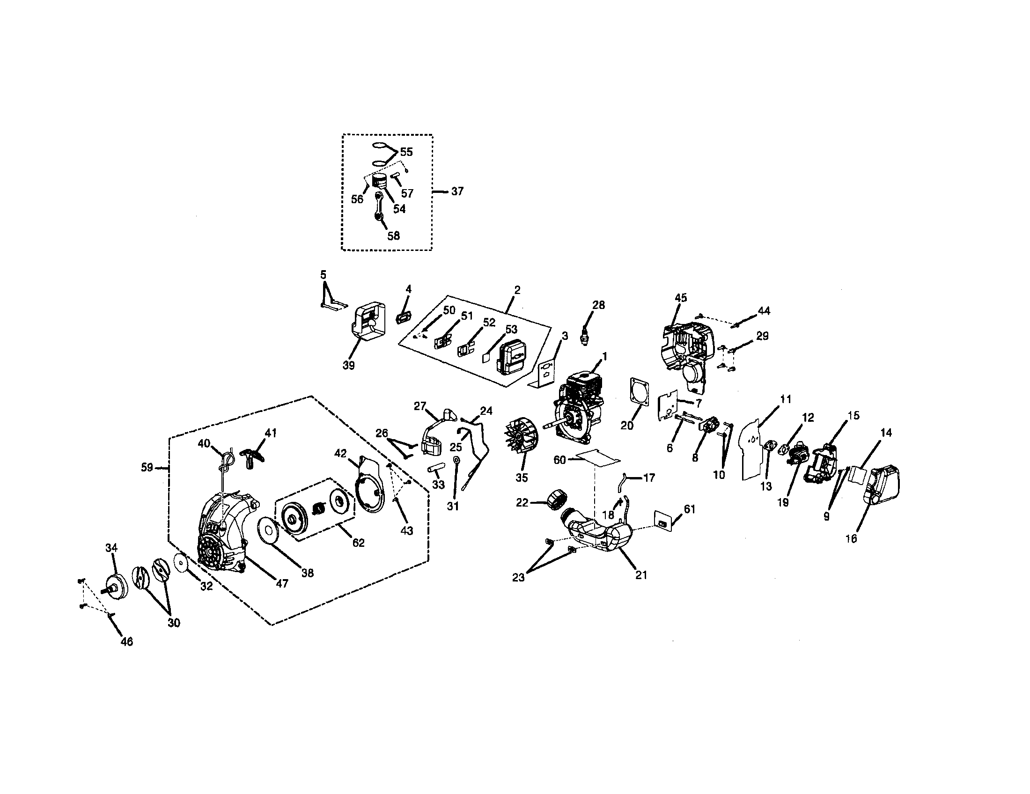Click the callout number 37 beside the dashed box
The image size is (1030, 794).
pos(457,191)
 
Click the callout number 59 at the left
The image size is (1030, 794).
pos(147,467)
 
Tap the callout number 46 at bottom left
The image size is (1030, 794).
pos(127,641)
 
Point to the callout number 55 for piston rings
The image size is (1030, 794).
pos(406,152)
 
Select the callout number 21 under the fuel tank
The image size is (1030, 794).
pos(641,575)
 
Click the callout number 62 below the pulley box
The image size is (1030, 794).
pos(359,543)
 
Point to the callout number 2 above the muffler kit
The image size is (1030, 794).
pos(517,290)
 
